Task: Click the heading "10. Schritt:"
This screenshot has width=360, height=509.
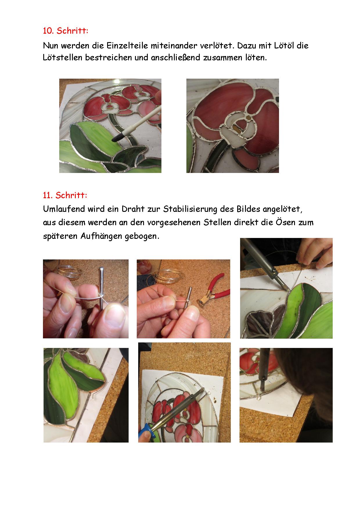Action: tap(66, 31)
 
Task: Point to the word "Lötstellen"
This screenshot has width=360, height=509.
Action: tap(62, 57)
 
